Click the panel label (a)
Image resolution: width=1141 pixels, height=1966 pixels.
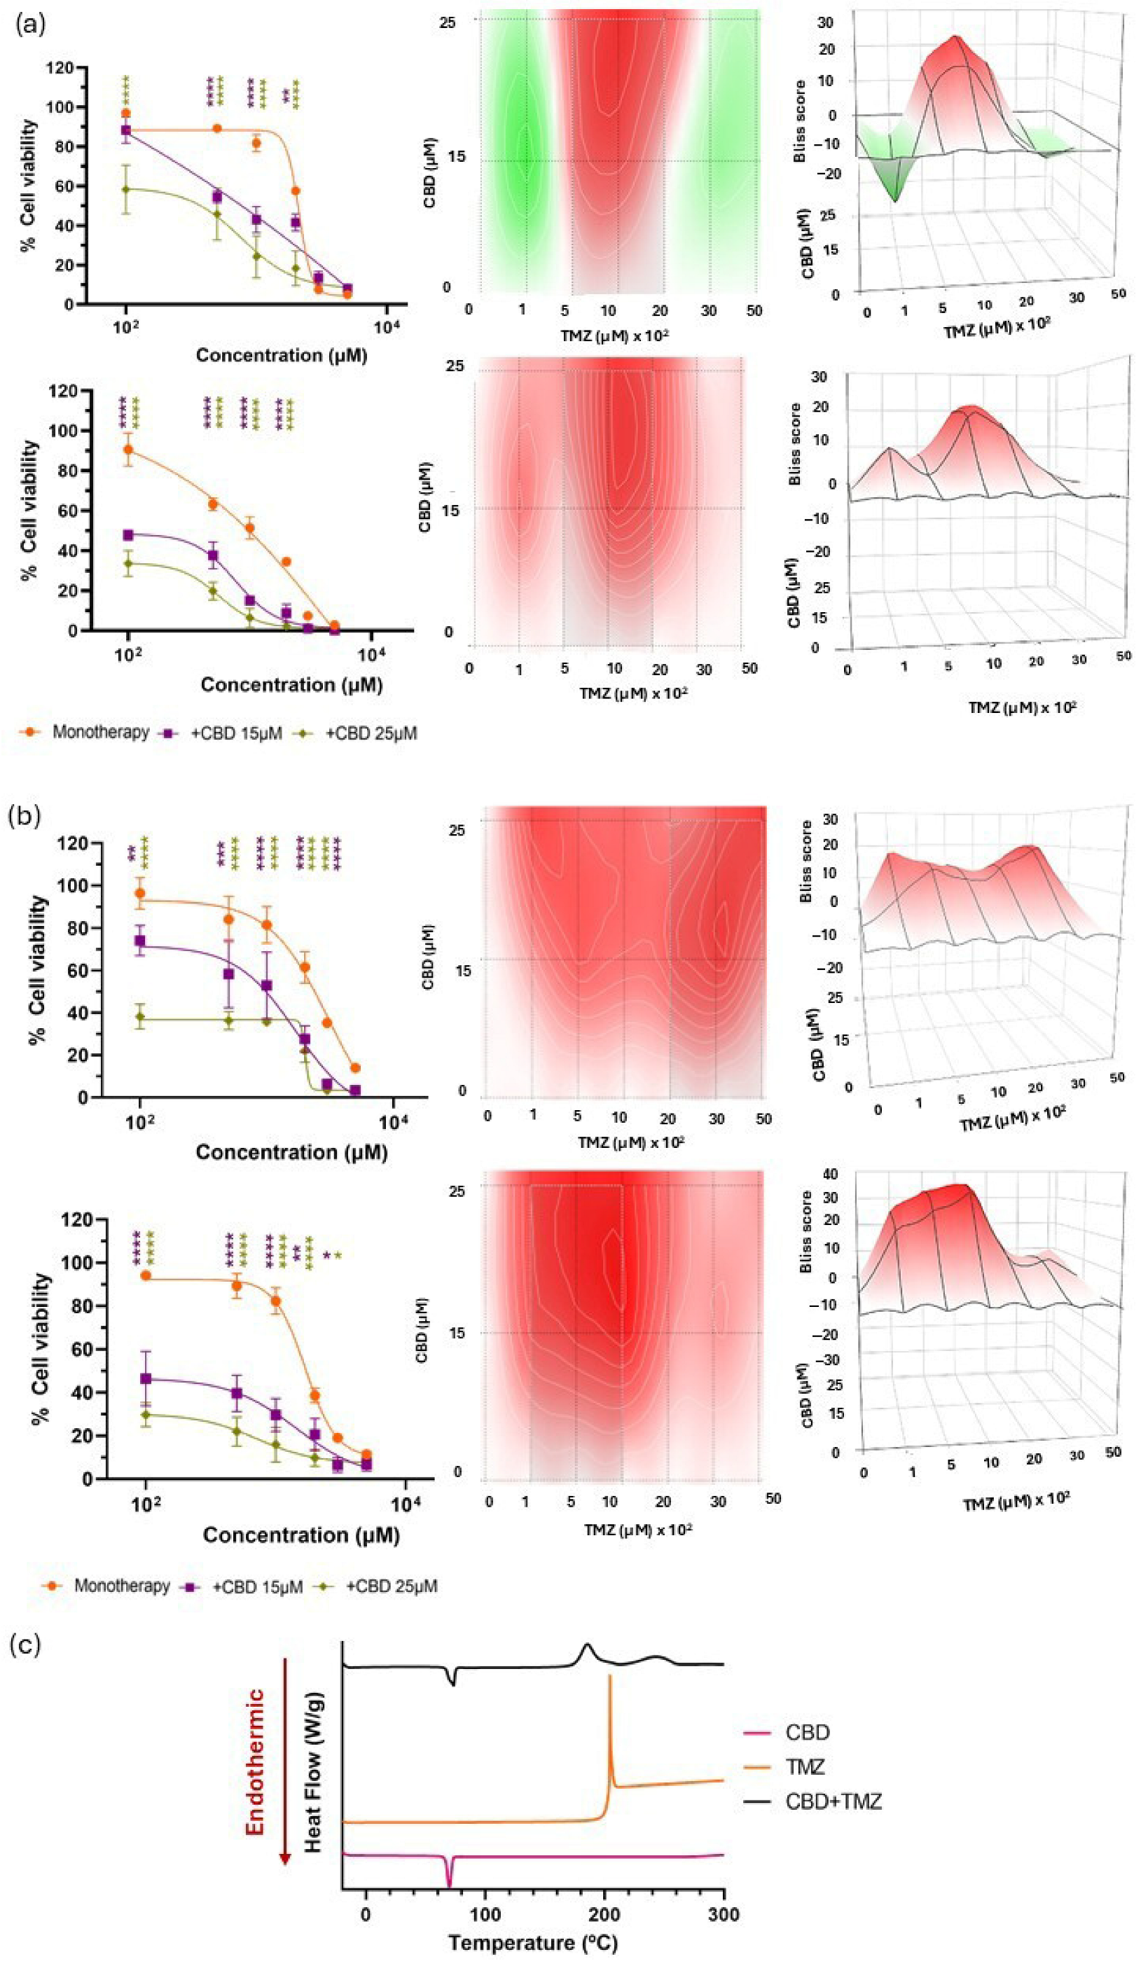pyautogui.click(x=29, y=25)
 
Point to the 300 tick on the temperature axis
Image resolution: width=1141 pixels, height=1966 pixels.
pyautogui.click(x=724, y=1913)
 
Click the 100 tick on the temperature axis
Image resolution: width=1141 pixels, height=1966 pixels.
pyautogui.click(x=485, y=1913)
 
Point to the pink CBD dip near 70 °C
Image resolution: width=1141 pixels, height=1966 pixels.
pyautogui.click(x=449, y=1881)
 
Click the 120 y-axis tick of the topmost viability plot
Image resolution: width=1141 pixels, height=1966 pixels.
pyautogui.click(x=60, y=68)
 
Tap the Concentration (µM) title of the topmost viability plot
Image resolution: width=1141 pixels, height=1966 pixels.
pyautogui.click(x=281, y=355)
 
